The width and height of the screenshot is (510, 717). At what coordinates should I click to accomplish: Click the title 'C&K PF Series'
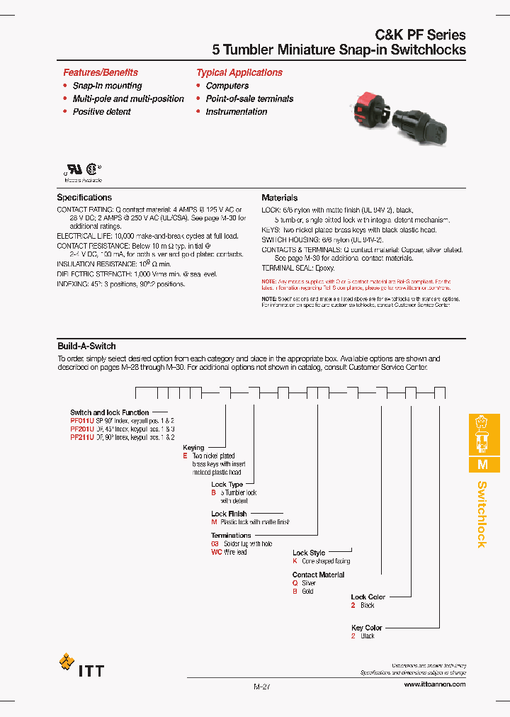pyautogui.click(x=420, y=35)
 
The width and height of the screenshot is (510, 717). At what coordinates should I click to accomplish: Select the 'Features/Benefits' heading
pyautogui.click(x=101, y=72)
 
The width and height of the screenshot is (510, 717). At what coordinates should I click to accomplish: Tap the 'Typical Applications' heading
pyautogui.click(x=239, y=72)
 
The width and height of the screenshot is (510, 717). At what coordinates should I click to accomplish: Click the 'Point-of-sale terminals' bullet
pyautogui.click(x=249, y=98)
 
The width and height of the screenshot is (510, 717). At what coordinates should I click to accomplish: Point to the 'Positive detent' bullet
pyautogui.click(x=102, y=111)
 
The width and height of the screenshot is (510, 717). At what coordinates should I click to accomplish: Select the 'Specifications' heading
pyautogui.click(x=84, y=198)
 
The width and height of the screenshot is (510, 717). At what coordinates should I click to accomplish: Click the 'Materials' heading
pyautogui.click(x=279, y=198)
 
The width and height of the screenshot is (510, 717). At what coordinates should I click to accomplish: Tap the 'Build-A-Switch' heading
pyautogui.click(x=86, y=346)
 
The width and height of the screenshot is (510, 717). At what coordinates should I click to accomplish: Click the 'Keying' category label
pyautogui.click(x=193, y=448)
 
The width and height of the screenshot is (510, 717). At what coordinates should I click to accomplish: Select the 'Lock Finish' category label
pyautogui.click(x=229, y=514)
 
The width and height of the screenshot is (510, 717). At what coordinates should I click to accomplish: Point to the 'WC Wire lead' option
pyautogui.click(x=229, y=552)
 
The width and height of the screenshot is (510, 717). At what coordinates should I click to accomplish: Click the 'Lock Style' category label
pyautogui.click(x=309, y=553)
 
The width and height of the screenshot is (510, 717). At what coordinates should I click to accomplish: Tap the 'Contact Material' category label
pyautogui.click(x=318, y=575)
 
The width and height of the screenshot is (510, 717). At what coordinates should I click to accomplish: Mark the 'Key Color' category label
pyautogui.click(x=366, y=628)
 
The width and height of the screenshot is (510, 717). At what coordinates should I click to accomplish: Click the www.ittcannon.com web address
pyautogui.click(x=434, y=684)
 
